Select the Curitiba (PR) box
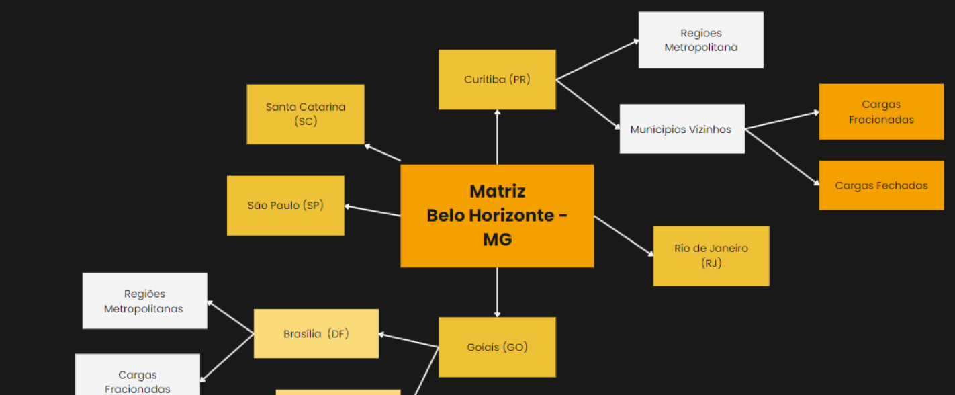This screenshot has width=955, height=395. [x=497, y=79]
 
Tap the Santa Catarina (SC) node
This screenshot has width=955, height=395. [x=306, y=114]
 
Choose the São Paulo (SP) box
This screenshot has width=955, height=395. [x=285, y=206]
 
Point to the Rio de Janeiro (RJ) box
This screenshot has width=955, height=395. [x=711, y=256]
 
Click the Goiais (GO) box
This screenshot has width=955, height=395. [x=497, y=347]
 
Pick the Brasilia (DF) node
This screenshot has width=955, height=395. [x=316, y=334]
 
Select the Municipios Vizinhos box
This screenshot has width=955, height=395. [x=682, y=129]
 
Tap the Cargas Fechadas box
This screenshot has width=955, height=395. [x=881, y=185]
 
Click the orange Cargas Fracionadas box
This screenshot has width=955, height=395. [x=881, y=112]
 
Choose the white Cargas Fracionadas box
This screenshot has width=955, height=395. [x=138, y=379]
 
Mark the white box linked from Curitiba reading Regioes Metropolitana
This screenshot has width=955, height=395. [x=700, y=40]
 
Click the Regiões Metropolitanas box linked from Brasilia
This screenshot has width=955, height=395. [x=144, y=301]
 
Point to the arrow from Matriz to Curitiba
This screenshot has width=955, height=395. [x=497, y=137]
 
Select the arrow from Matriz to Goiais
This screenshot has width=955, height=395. [x=497, y=292]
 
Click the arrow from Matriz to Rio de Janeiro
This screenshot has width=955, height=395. [x=623, y=236]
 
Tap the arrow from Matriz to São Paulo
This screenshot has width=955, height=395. [x=373, y=211]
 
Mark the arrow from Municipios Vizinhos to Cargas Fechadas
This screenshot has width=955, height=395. [x=782, y=157]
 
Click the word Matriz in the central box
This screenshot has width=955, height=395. [x=497, y=191]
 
